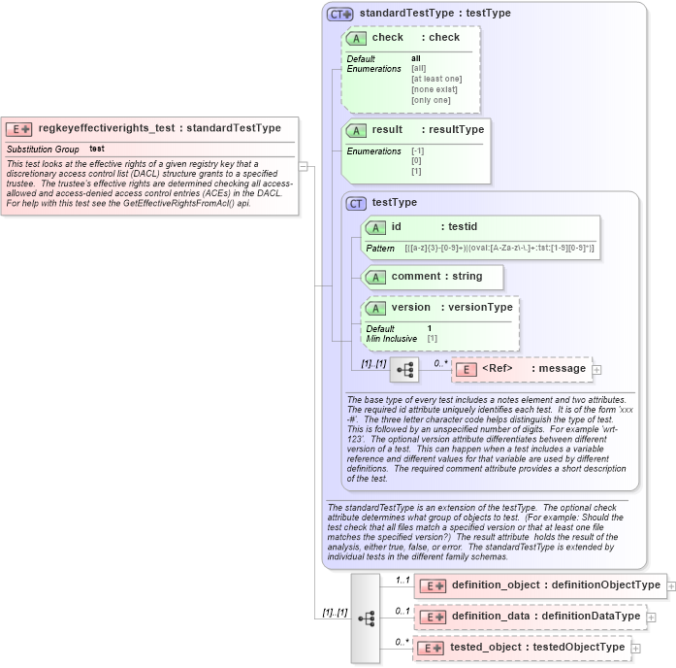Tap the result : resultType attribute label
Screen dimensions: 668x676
click(x=427, y=129)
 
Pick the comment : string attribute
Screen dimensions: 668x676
click(x=435, y=277)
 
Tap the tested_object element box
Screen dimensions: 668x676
click(x=525, y=648)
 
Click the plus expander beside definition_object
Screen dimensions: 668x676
click(x=670, y=584)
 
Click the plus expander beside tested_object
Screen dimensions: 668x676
click(x=635, y=648)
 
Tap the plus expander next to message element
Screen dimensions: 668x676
click(x=596, y=369)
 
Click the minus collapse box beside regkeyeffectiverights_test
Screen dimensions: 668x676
click(x=304, y=166)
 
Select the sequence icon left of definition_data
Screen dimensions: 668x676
click(x=366, y=618)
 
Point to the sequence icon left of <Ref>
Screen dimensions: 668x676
click(x=402, y=370)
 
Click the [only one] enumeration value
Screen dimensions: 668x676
click(x=431, y=100)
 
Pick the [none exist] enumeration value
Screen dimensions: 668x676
click(x=435, y=89)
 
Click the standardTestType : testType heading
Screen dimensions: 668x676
click(x=435, y=14)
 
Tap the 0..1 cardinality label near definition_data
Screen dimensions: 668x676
click(x=402, y=611)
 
